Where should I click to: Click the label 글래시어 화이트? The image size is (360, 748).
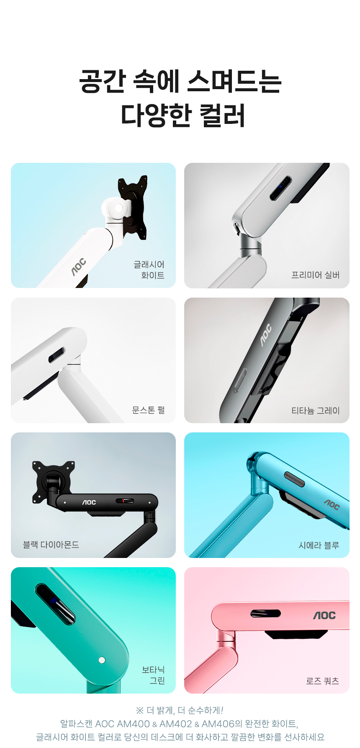tap(149, 270)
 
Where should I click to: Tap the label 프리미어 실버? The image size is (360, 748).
tap(315, 275)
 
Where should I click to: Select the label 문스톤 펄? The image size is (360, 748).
tap(148, 410)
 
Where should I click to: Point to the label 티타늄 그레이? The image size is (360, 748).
tap(315, 411)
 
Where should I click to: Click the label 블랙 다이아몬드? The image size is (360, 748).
tap(51, 545)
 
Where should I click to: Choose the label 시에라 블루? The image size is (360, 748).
tap(319, 545)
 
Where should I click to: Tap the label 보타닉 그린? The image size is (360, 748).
tap(153, 675)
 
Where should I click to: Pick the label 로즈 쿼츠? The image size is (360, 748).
tap(322, 681)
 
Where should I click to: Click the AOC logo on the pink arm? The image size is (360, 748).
tap(324, 615)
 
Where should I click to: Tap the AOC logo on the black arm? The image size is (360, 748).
tap(89, 502)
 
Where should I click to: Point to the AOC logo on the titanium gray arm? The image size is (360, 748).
tap(266, 335)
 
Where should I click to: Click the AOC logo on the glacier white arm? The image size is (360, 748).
tap(78, 267)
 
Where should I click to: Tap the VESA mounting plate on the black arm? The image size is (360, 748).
tap(53, 481)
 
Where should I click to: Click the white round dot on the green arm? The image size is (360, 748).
tap(102, 660)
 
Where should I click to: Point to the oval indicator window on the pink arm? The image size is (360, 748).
tap(265, 614)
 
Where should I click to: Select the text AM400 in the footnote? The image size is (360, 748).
tap(133, 724)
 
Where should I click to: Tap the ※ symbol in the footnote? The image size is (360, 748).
tap(140, 710)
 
